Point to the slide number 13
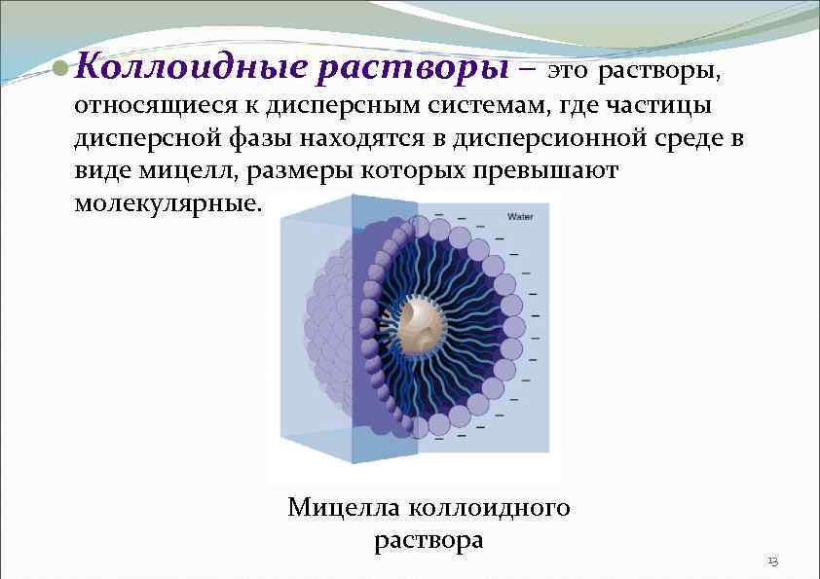pos(772,561)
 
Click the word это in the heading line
pos(567,71)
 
